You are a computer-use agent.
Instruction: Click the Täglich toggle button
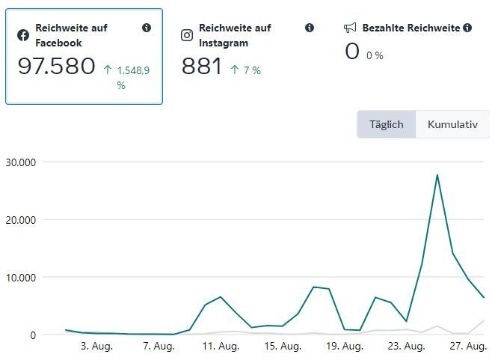tap(386, 124)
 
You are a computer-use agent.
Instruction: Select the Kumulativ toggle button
tap(452, 124)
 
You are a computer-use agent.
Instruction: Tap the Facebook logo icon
tap(23, 35)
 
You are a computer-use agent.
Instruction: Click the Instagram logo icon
tap(187, 35)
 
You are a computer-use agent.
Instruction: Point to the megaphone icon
tap(350, 28)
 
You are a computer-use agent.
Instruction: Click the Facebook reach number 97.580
tap(57, 67)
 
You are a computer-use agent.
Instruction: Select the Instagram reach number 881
tap(202, 67)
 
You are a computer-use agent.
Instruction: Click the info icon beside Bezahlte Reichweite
tap(467, 28)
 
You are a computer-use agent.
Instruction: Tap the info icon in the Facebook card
tap(147, 28)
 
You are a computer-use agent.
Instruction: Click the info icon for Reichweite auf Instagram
tap(310, 28)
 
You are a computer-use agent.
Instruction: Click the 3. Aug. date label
tap(96, 347)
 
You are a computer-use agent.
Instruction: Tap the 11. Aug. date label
tap(221, 347)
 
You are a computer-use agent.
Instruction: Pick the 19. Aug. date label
tap(344, 347)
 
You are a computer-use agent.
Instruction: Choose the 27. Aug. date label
tap(468, 347)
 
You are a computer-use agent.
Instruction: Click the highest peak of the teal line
tap(437, 175)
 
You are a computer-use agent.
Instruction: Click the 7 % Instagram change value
tap(252, 70)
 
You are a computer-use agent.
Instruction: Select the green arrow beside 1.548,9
tap(108, 70)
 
